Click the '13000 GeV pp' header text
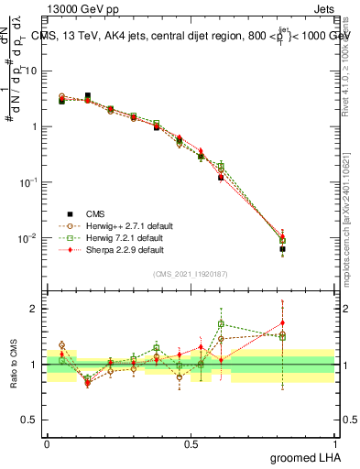(78, 8)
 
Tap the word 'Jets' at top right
(322, 8)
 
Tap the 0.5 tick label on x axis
(191, 442)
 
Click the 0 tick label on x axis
(47, 442)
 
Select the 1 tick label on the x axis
(334, 442)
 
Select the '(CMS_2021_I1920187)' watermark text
(191, 273)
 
